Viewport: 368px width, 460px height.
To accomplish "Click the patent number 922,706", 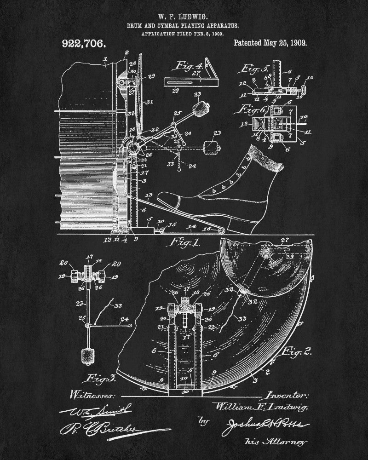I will click(83, 45).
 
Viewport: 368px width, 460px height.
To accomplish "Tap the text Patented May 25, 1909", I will click(270, 43).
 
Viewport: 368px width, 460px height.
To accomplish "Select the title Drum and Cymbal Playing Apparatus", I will click(184, 27).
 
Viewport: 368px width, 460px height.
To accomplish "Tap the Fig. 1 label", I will click(186, 242).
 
